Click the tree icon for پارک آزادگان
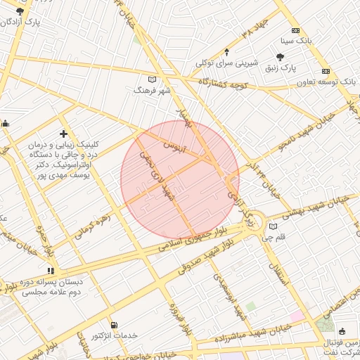click(20, 11)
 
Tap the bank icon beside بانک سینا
click(295, 31)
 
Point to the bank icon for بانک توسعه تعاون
click(326, 72)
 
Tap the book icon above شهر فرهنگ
click(153, 79)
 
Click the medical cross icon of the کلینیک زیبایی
click(64, 133)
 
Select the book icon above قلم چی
click(274, 226)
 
